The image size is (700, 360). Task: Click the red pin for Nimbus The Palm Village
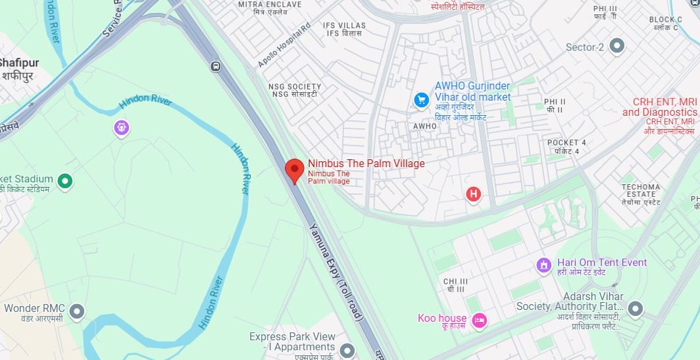coord(294,170)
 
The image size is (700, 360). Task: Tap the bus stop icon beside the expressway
coord(216,66)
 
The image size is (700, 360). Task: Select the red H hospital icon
coord(472,193)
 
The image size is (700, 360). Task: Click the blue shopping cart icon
coord(421,99)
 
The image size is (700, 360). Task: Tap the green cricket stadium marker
coord(64,180)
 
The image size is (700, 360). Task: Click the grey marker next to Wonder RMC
coord(77,311)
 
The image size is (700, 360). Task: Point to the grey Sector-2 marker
coord(616,46)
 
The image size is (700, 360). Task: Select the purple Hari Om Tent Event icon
coord(543,265)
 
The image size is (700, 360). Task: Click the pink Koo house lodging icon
coord(480,320)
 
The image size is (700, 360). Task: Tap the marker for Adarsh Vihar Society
coord(635,308)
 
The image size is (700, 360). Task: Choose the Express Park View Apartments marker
coord(347,349)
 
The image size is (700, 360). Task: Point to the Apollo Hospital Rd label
coord(284,46)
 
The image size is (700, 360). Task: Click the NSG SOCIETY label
coord(295,87)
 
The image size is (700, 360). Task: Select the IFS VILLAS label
coord(344,26)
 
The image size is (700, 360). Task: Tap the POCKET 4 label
coord(566,143)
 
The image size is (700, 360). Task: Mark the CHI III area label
coord(455,282)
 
